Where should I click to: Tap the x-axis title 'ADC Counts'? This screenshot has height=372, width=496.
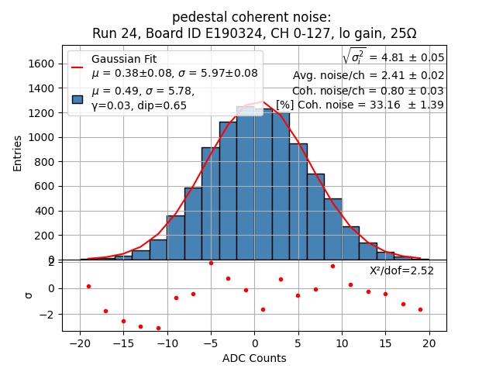pyautogui.click(x=254, y=358)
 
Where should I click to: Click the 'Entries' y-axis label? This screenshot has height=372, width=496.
pyautogui.click(x=18, y=153)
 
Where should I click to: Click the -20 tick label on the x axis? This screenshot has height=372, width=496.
pyautogui.click(x=80, y=344)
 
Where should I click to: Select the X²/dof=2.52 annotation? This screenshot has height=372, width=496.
pyautogui.click(x=401, y=270)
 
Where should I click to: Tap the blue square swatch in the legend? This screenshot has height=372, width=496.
pyautogui.click(x=77, y=98)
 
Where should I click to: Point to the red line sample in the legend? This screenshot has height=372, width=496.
pyautogui.click(x=77, y=67)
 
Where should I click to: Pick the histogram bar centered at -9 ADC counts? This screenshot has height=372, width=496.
pyautogui.click(x=176, y=237)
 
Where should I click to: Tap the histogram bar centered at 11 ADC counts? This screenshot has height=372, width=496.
pyautogui.click(x=350, y=243)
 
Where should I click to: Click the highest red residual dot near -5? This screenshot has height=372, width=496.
pyautogui.click(x=211, y=263)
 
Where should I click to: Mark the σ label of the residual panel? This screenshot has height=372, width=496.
pyautogui.click(x=29, y=294)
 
